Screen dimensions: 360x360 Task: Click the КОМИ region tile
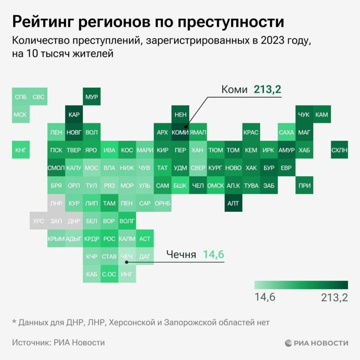pos(180,132)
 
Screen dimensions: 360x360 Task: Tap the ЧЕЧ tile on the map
pos(127,256)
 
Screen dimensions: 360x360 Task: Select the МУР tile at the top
pos(92,97)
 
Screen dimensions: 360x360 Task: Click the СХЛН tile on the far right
pos(339,150)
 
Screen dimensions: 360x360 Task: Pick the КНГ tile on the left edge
pos(21,150)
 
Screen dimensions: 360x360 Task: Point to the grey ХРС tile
pos(38,221)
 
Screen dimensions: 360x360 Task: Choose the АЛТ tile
pos(233,203)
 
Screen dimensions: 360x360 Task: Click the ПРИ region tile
pos(304,186)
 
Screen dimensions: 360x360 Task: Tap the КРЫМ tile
pos(56,239)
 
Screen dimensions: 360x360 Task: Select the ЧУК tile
pos(304,114)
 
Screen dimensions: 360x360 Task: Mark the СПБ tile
pos(21,97)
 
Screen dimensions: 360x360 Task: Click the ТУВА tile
pos(251,186)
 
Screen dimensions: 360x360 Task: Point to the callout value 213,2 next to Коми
pos(267,89)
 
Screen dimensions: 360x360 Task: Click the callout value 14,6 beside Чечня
pos(214,255)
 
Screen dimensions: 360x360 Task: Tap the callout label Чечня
pos(181,255)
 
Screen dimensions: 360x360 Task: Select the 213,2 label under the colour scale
pos(334,298)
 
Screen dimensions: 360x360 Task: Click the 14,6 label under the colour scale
pos(265,298)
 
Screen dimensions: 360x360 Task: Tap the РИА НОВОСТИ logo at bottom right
pos(316,343)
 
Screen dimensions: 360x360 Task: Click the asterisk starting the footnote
pos(14,322)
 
